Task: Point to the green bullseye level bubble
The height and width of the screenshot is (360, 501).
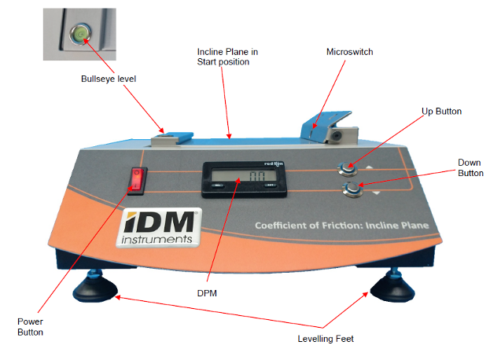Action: pos(80,32)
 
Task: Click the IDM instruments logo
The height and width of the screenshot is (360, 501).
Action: pos(160,227)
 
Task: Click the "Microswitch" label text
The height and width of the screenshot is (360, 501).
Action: pos(349,52)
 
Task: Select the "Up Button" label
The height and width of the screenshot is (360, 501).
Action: pos(441,112)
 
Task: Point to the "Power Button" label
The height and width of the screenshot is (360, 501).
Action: pos(31,326)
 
